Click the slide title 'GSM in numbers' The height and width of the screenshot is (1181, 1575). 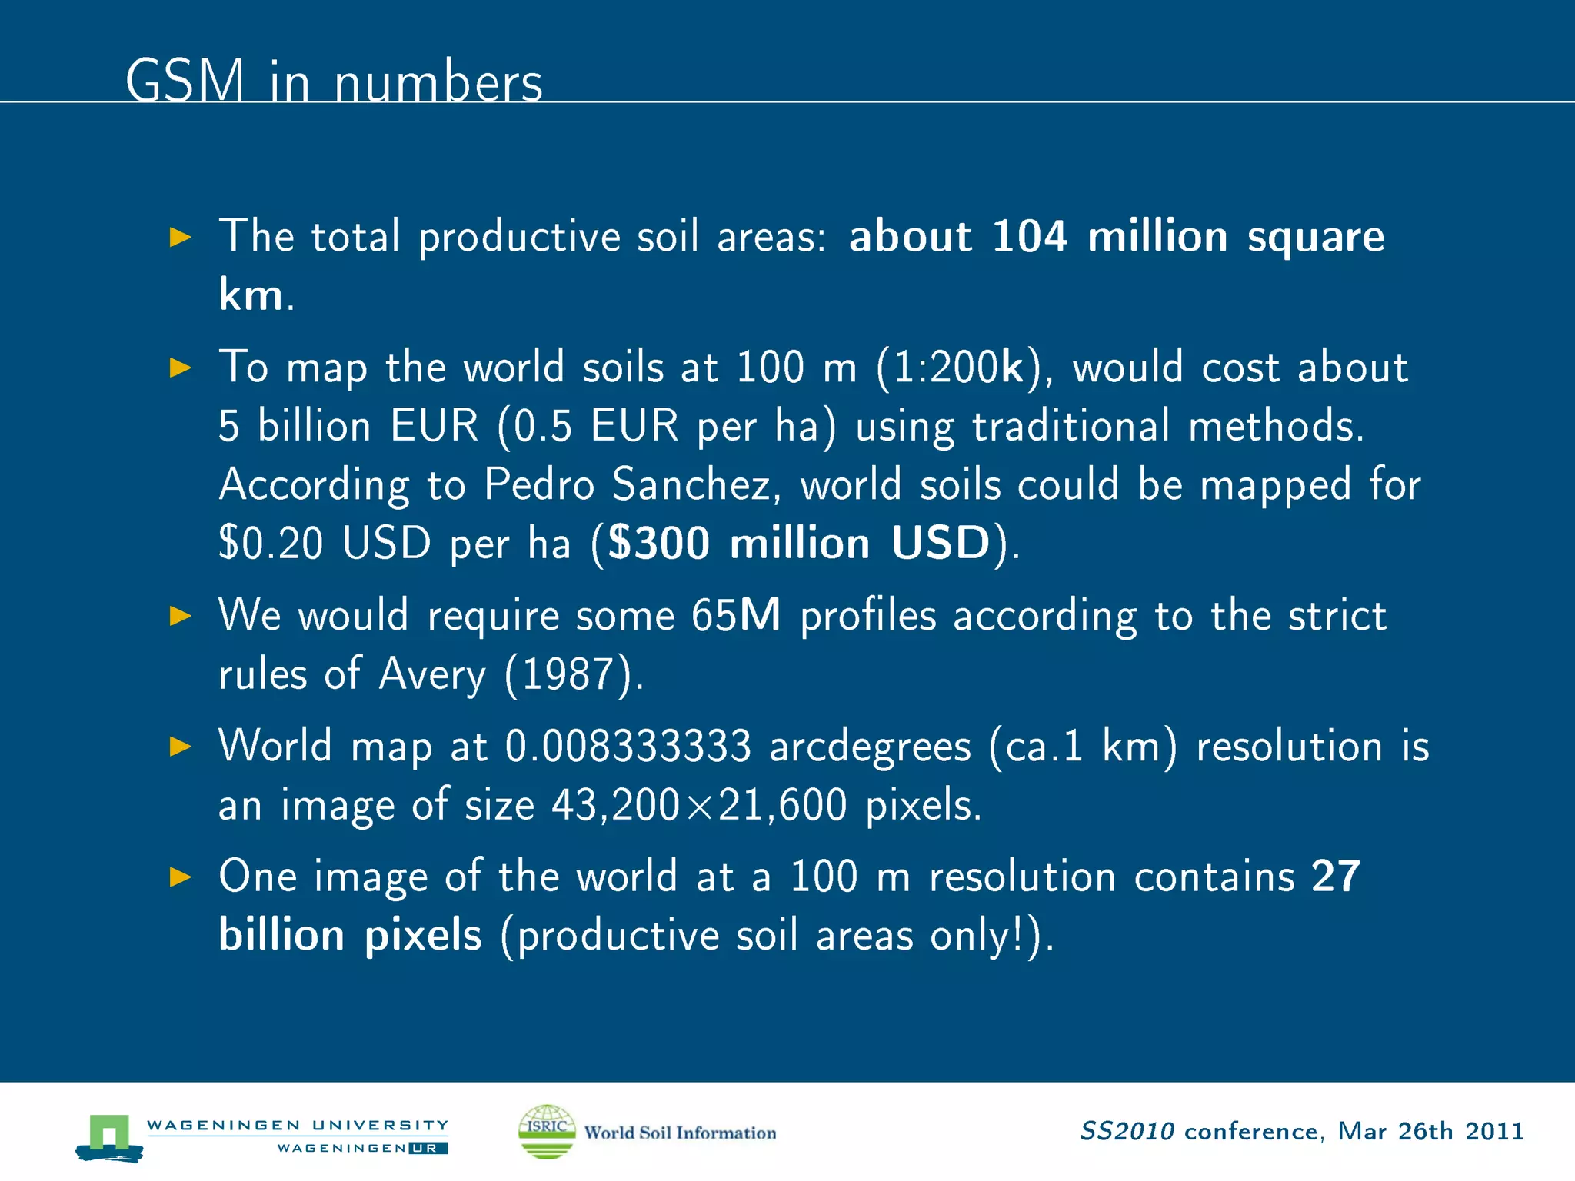pyautogui.click(x=334, y=81)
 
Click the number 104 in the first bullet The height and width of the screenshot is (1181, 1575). pyautogui.click(x=1029, y=236)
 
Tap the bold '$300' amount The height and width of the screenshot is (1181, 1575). pyautogui.click(x=658, y=543)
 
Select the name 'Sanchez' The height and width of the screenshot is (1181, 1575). pyautogui.click(x=691, y=485)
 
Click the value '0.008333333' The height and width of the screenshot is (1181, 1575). pyautogui.click(x=628, y=747)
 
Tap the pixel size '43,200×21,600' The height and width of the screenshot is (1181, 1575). pyautogui.click(x=699, y=806)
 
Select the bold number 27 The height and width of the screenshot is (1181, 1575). pyautogui.click(x=1336, y=877)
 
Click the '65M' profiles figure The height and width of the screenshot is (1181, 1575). pyautogui.click(x=735, y=616)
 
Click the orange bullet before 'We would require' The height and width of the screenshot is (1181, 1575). pyautogui.click(x=180, y=616)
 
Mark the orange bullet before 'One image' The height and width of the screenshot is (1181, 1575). pyautogui.click(x=180, y=877)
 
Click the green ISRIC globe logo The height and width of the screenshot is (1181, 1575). pyautogui.click(x=547, y=1131)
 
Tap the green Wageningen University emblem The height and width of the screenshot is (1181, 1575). pyautogui.click(x=109, y=1136)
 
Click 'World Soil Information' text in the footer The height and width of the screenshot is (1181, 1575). pyautogui.click(x=680, y=1133)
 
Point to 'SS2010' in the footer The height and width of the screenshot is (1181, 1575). pyautogui.click(x=1127, y=1131)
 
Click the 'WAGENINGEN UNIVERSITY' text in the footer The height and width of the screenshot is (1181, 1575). pyautogui.click(x=297, y=1125)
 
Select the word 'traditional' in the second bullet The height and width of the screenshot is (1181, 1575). pyautogui.click(x=1071, y=426)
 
